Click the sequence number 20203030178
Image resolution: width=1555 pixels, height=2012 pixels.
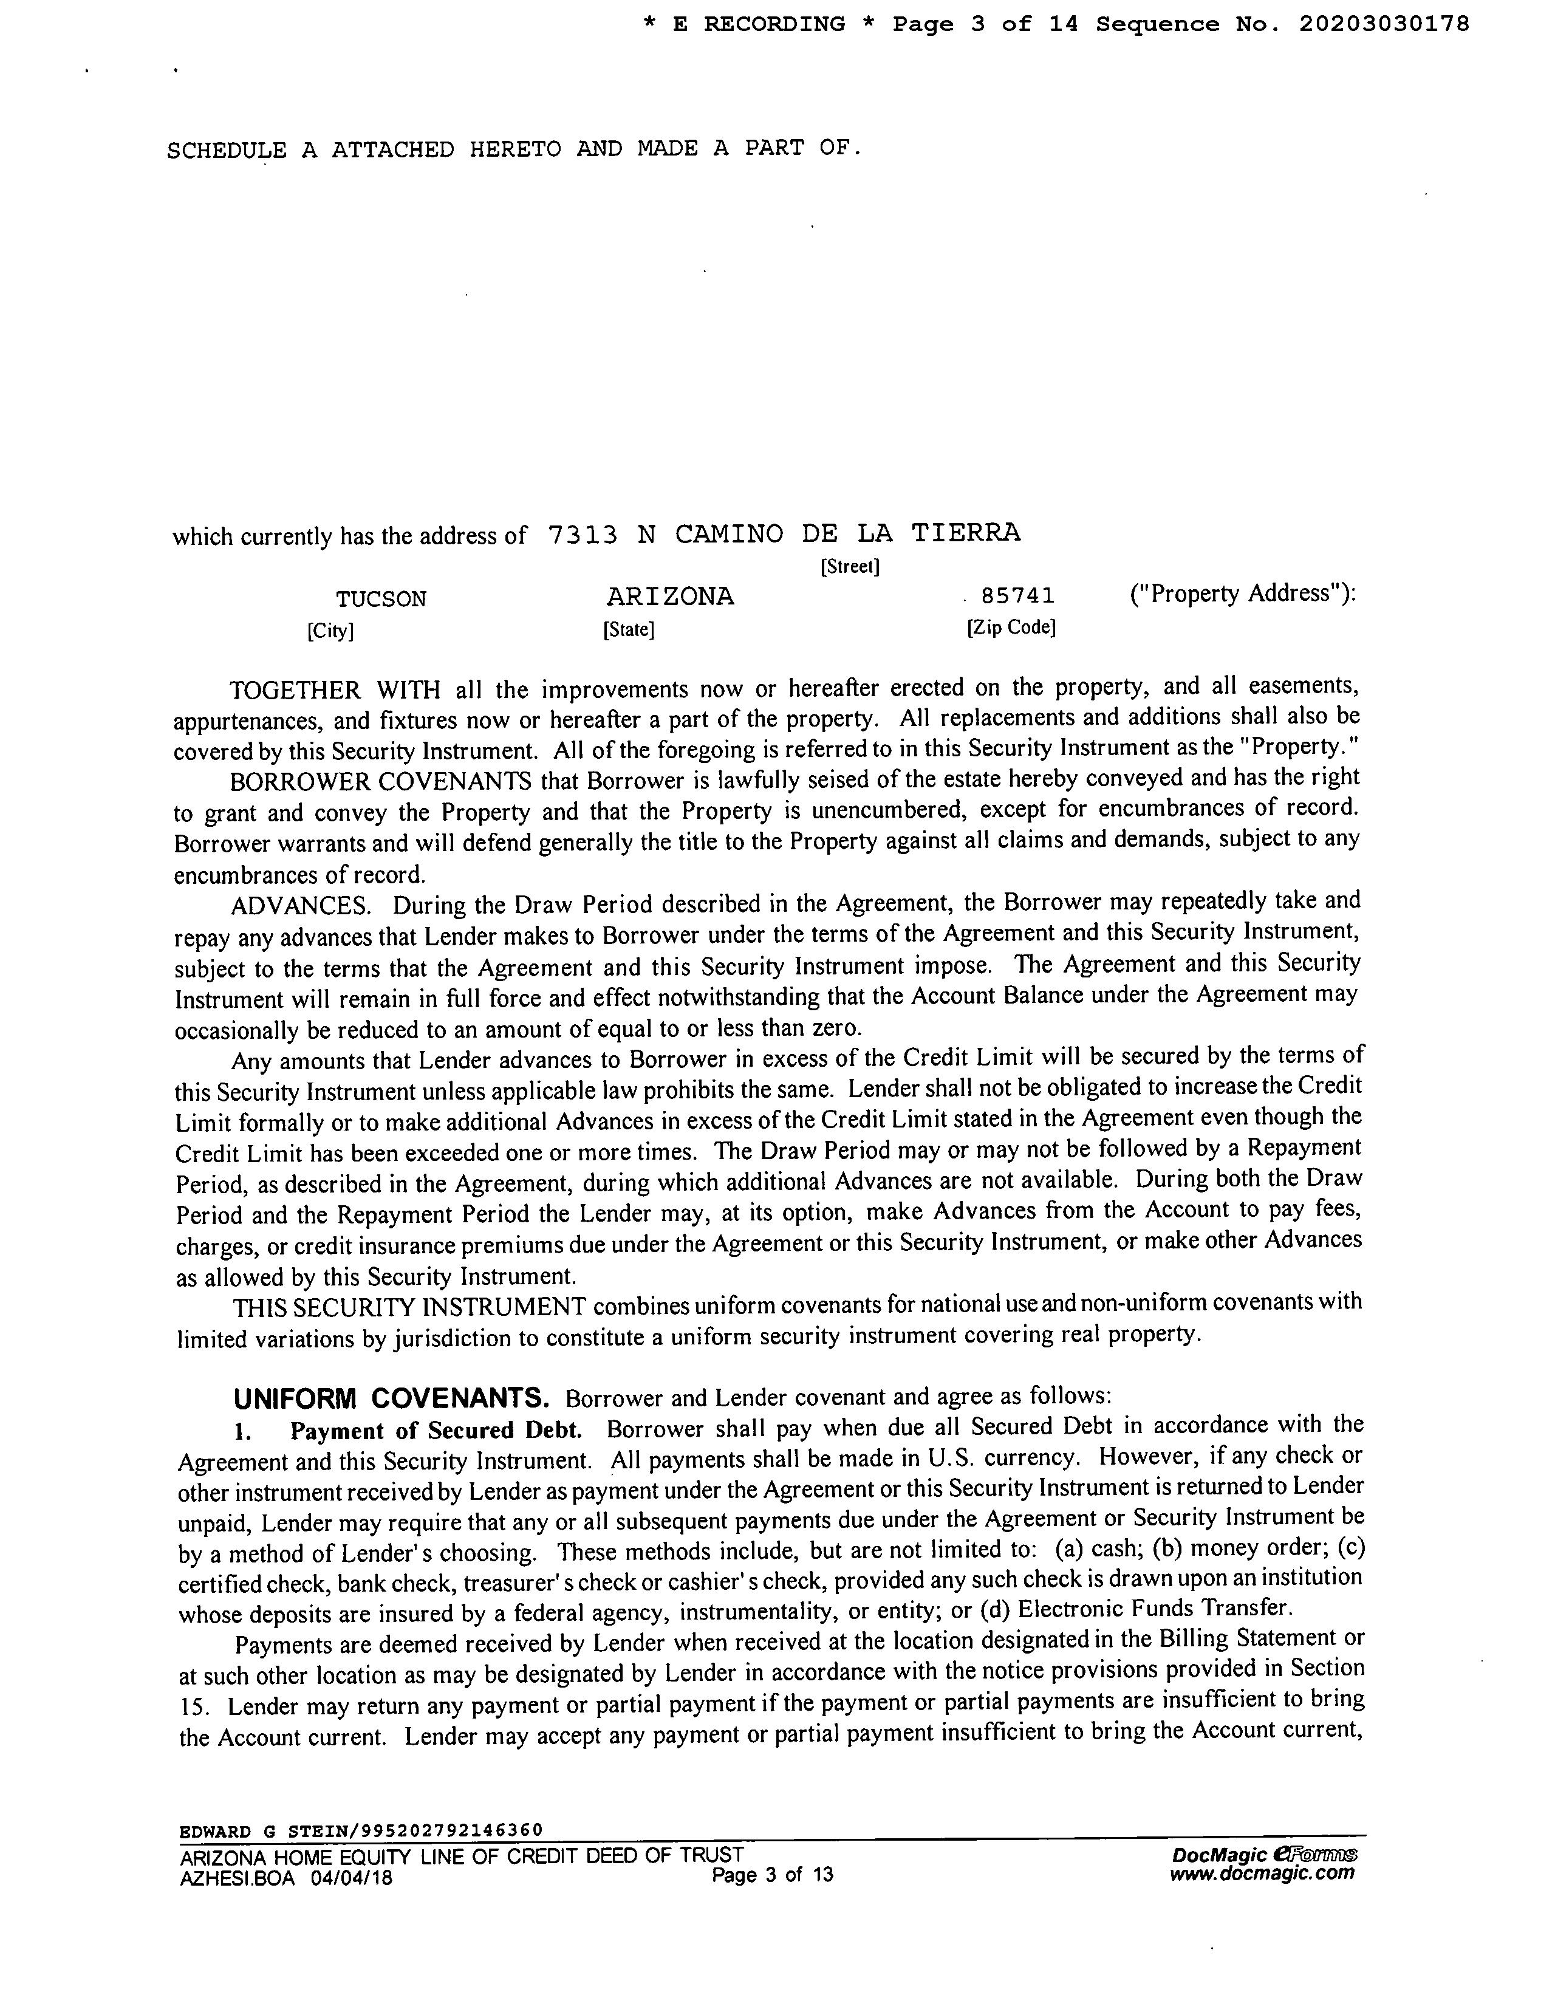pyautogui.click(x=1384, y=25)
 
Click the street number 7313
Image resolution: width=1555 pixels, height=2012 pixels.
pyautogui.click(x=581, y=535)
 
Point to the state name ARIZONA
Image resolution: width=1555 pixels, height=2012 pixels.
pyautogui.click(x=670, y=597)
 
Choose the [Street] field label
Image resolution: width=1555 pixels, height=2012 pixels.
pyautogui.click(x=849, y=567)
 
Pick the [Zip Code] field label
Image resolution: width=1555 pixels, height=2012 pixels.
pyautogui.click(x=1011, y=628)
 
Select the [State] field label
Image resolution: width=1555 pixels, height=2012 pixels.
pyautogui.click(x=628, y=630)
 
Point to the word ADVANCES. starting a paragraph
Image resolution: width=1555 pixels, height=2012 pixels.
pyautogui.click(x=300, y=906)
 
